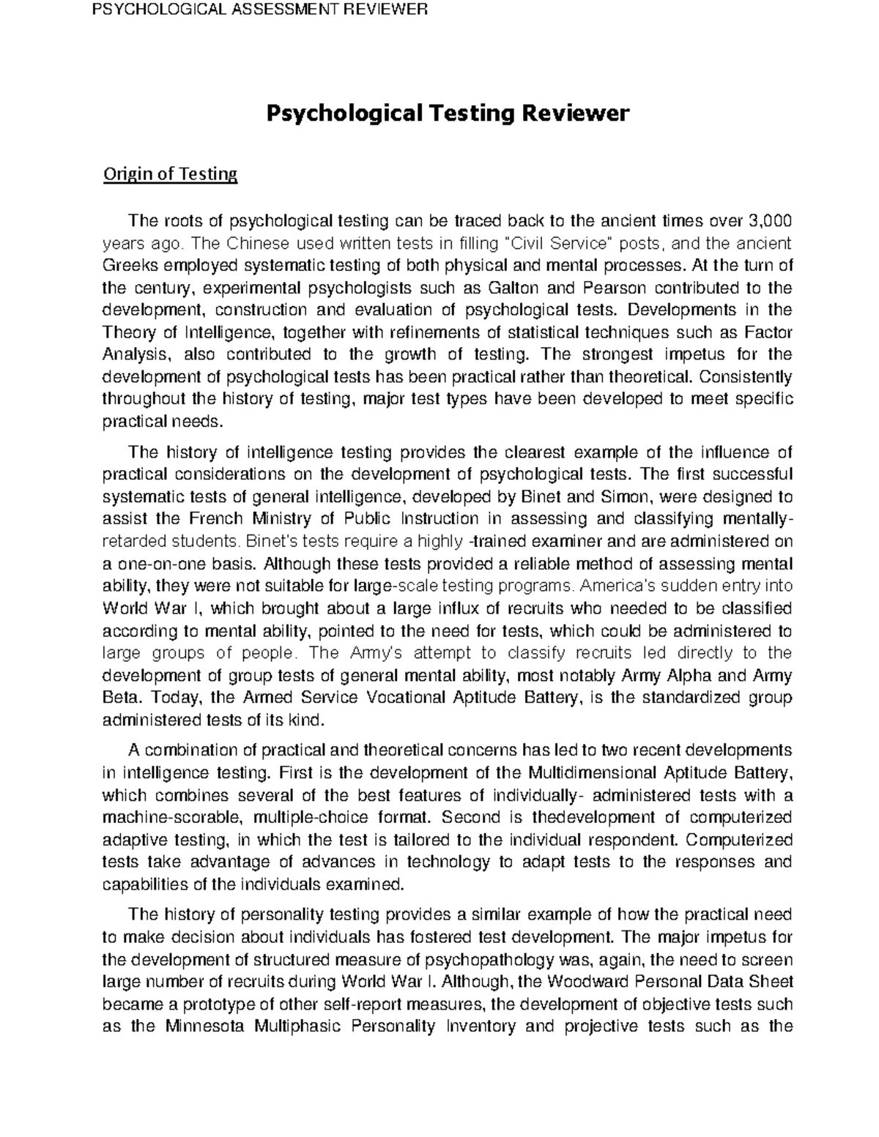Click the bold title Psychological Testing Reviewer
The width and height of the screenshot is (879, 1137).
(447, 113)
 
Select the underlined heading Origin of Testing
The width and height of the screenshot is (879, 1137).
(170, 174)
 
